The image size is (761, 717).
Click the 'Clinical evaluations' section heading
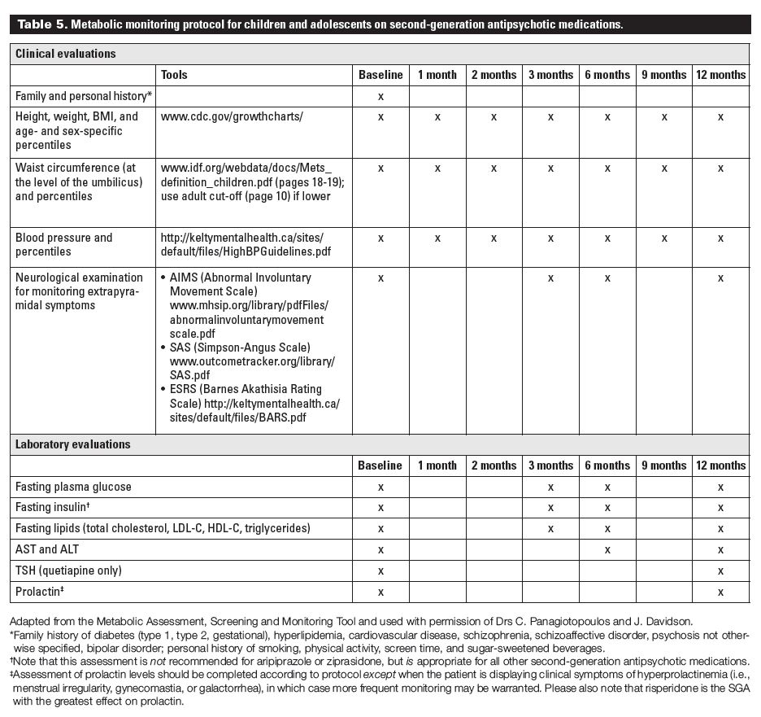(x=66, y=54)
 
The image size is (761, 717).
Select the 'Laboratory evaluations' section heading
(x=72, y=444)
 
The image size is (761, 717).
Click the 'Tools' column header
(x=174, y=75)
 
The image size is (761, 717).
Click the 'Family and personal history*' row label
(x=84, y=96)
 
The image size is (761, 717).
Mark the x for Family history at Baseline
(x=380, y=96)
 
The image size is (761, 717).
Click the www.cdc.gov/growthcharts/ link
(x=232, y=116)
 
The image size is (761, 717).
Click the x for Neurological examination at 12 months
(x=720, y=278)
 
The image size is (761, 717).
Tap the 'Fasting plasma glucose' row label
(x=73, y=487)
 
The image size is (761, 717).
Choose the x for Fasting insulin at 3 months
(x=550, y=508)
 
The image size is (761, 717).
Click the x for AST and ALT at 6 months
(x=607, y=549)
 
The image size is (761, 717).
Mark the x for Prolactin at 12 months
(x=720, y=592)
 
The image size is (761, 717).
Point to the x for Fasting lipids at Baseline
(x=380, y=529)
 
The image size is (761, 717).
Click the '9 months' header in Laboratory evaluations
(x=664, y=466)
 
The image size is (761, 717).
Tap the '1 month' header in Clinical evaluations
(x=437, y=75)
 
